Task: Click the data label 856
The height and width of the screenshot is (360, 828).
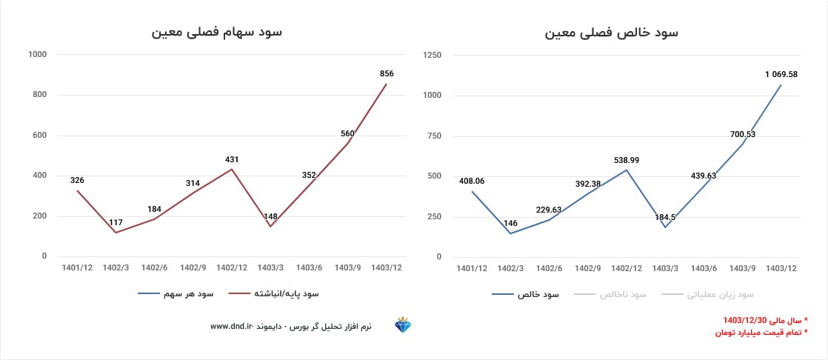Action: coord(386,73)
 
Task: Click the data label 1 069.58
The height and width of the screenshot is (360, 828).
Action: coord(781,74)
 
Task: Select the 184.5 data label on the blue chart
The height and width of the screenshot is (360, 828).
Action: coord(664,217)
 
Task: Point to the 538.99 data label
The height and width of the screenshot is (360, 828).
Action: coord(627,160)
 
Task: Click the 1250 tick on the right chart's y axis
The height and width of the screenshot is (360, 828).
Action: coord(433,55)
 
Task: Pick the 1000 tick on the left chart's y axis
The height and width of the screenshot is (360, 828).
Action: coord(37,55)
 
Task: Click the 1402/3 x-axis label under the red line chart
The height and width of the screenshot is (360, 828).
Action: coord(116,267)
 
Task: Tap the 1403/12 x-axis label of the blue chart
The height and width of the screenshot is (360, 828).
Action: coord(781,267)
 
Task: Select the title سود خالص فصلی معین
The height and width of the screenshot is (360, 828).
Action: coord(612,33)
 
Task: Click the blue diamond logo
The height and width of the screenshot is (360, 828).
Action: coord(403,325)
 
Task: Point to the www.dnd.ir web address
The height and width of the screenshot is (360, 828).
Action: coord(233,326)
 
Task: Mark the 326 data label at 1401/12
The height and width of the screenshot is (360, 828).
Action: coord(77,180)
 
